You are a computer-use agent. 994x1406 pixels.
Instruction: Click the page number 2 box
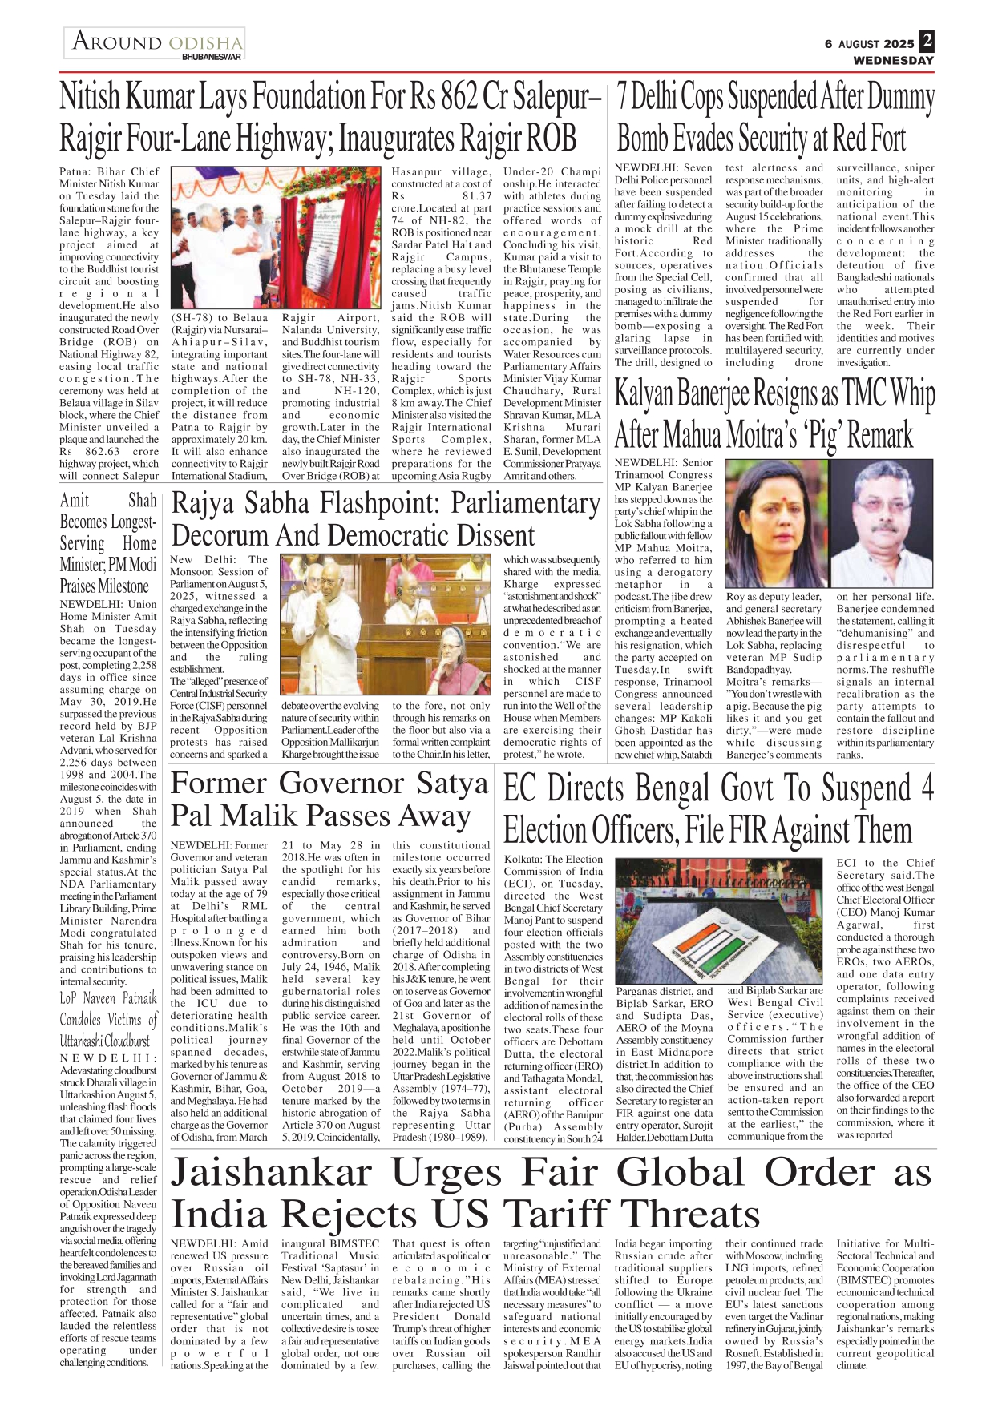click(927, 41)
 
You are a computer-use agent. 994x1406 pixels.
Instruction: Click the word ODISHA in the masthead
click(205, 42)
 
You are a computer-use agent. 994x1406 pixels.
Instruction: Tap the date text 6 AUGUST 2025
click(869, 44)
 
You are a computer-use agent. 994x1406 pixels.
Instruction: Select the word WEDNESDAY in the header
click(893, 60)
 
